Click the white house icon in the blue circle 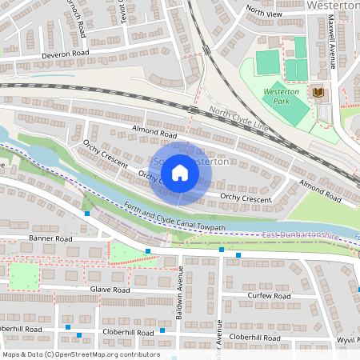pos(180,173)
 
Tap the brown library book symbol pos(319,94)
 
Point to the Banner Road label pos(50,238)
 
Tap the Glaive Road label pos(110,290)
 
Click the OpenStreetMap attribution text pos(80,354)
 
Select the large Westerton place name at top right pos(331,6)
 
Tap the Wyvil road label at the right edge pos(348,339)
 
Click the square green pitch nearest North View pos(268,60)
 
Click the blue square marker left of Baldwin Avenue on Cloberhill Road pos(162,330)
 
